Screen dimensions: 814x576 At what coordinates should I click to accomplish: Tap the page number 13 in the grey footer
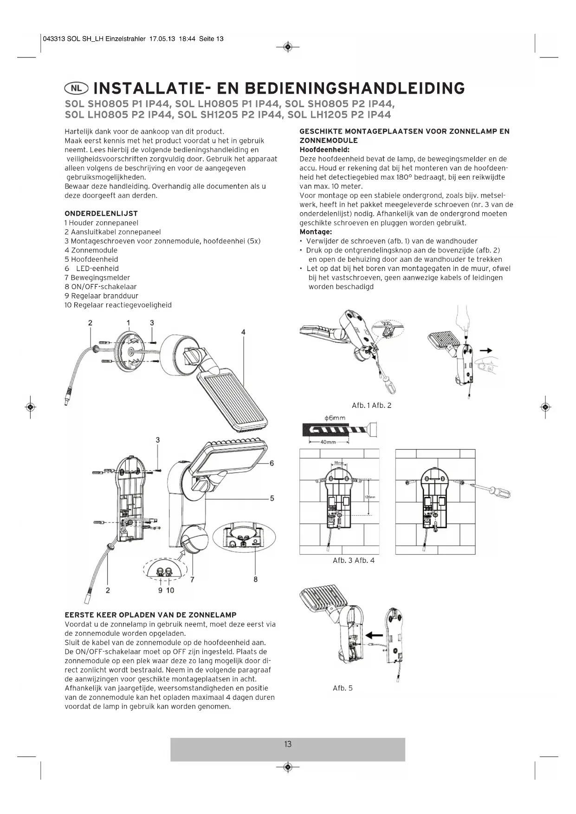tap(288, 744)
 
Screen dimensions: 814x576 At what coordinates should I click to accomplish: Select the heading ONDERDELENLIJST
tap(101, 213)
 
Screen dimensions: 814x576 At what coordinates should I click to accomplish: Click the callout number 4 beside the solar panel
tap(243, 332)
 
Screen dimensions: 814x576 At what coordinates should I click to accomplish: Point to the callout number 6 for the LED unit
tap(272, 463)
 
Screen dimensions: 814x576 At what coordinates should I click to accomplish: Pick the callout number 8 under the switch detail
tap(255, 579)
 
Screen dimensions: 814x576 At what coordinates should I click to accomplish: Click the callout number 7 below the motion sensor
tap(192, 579)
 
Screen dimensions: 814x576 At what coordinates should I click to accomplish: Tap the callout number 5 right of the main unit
tap(272, 498)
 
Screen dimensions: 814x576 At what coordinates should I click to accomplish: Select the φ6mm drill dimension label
tap(334, 418)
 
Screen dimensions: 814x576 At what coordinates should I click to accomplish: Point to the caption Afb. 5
tap(343, 688)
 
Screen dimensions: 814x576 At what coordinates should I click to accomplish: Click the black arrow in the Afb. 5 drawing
tap(374, 634)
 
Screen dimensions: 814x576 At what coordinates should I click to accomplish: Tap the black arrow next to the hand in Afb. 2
tap(485, 351)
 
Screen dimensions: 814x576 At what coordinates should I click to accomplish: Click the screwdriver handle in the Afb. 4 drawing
tap(502, 492)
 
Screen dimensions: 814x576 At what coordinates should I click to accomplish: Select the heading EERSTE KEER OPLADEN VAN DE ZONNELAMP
tap(151, 615)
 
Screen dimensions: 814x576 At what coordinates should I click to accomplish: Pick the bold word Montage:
tap(316, 232)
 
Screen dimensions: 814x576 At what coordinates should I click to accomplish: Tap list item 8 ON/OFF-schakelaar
tap(101, 287)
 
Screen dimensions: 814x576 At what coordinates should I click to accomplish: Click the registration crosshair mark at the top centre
tap(288, 47)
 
